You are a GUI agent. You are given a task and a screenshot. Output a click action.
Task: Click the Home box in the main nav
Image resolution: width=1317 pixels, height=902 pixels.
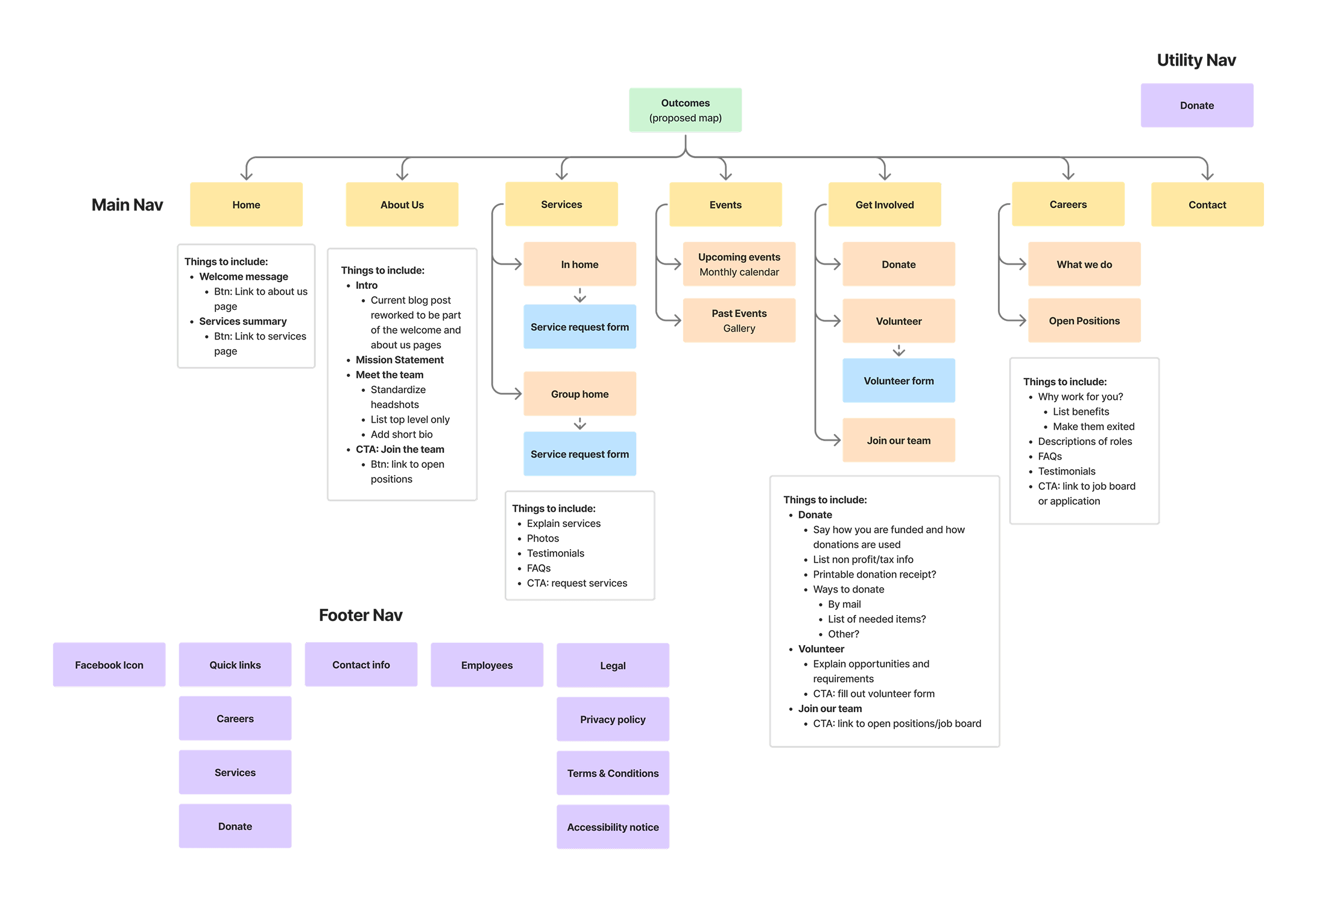tap(246, 205)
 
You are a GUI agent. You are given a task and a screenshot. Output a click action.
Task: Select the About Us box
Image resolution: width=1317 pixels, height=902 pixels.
tap(402, 205)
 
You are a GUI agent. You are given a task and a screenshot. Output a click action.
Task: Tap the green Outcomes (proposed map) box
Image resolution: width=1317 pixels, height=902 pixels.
tap(685, 110)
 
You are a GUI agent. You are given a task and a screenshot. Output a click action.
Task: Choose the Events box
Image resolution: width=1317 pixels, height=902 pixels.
tap(725, 205)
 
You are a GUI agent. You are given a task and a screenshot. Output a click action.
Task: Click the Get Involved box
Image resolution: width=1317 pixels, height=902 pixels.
tap(884, 205)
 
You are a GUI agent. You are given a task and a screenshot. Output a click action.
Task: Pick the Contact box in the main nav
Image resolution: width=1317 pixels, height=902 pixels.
tap(1207, 205)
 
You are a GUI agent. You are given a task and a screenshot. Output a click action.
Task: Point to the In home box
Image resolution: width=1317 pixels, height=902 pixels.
tap(579, 265)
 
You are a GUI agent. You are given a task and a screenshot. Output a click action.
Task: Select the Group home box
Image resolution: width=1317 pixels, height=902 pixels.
tap(579, 394)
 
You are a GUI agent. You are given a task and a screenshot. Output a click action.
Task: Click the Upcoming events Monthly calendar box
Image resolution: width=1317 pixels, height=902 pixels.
tap(739, 265)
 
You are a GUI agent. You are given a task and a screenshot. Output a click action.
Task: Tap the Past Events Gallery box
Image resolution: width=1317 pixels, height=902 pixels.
tap(739, 321)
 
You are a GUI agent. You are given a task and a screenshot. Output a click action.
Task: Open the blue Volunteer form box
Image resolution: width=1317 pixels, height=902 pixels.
tap(898, 381)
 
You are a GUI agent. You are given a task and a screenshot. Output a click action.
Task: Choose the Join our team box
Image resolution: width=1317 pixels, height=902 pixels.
tap(898, 441)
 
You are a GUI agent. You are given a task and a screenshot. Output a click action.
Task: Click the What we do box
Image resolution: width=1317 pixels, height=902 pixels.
tap(1084, 265)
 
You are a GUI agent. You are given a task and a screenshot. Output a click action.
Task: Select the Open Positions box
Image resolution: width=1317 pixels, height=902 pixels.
tap(1084, 321)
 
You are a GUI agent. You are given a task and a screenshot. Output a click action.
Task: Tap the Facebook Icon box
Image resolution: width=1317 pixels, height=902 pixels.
tap(109, 665)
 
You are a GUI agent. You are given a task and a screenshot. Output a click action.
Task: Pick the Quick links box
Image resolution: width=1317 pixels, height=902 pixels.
tap(235, 665)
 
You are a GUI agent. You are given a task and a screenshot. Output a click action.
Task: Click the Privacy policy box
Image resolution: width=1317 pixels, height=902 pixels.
tap(612, 719)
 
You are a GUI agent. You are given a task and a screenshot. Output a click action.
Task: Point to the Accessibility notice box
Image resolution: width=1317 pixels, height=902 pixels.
tap(612, 827)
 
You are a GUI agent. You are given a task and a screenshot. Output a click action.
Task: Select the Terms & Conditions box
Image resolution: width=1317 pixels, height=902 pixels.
tap(612, 774)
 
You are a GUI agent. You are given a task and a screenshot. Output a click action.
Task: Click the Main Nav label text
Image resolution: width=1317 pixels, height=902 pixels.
tap(127, 205)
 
